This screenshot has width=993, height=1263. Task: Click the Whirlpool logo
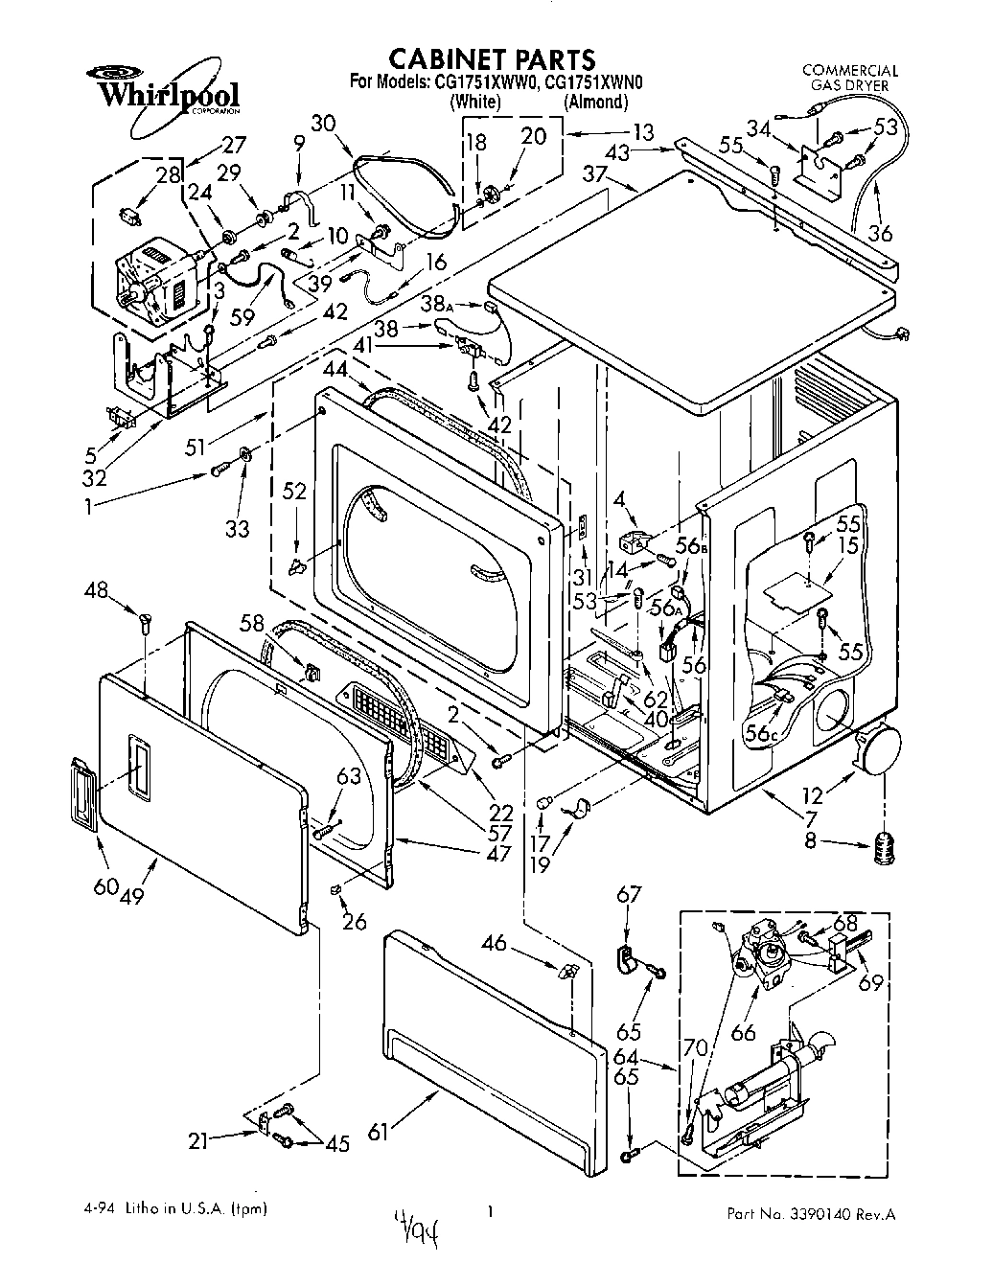[x=162, y=91]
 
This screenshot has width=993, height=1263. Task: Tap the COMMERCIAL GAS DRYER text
[x=849, y=78]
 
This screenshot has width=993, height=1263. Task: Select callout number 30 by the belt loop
[x=324, y=123]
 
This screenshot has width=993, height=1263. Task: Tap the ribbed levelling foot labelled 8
[x=883, y=846]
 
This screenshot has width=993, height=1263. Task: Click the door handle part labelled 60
[x=84, y=792]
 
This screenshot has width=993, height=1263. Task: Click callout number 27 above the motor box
[x=233, y=145]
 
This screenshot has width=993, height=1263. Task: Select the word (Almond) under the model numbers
[x=595, y=103]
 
